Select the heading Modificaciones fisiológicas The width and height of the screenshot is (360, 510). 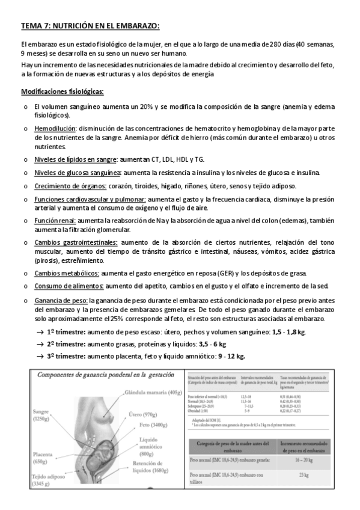point(62,91)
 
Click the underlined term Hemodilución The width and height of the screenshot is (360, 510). point(55,129)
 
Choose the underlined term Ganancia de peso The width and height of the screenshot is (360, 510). point(61,300)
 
